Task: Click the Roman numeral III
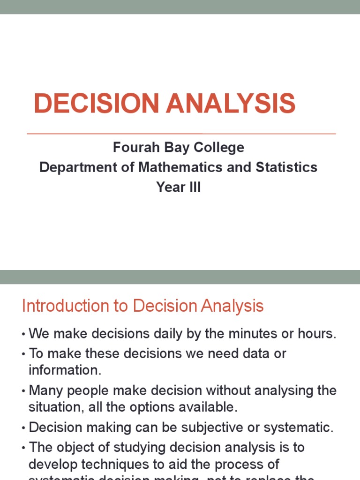(x=193, y=187)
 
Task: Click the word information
(x=65, y=370)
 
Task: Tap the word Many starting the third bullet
(x=44, y=390)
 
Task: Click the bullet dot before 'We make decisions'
(x=23, y=334)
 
